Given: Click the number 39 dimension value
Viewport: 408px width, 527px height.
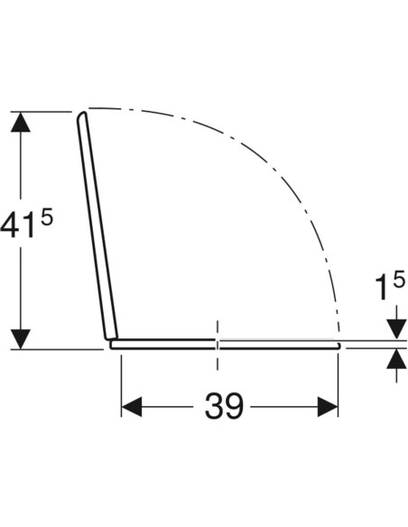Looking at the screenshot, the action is pos(224,406).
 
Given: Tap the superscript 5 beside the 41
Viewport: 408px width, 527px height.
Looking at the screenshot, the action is pos(47,217).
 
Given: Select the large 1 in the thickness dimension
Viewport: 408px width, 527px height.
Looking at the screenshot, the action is pos(382,287).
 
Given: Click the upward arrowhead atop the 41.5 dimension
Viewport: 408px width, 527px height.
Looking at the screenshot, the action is pos(21,122).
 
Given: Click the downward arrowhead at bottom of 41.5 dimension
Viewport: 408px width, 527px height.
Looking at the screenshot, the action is pos(21,339).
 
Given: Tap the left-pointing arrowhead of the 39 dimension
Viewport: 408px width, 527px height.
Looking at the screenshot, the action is pos(132,407).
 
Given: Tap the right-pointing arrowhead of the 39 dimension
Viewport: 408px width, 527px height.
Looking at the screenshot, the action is pos(328,407).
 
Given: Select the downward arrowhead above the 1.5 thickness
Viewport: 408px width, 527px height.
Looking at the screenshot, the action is pos(396,329).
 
